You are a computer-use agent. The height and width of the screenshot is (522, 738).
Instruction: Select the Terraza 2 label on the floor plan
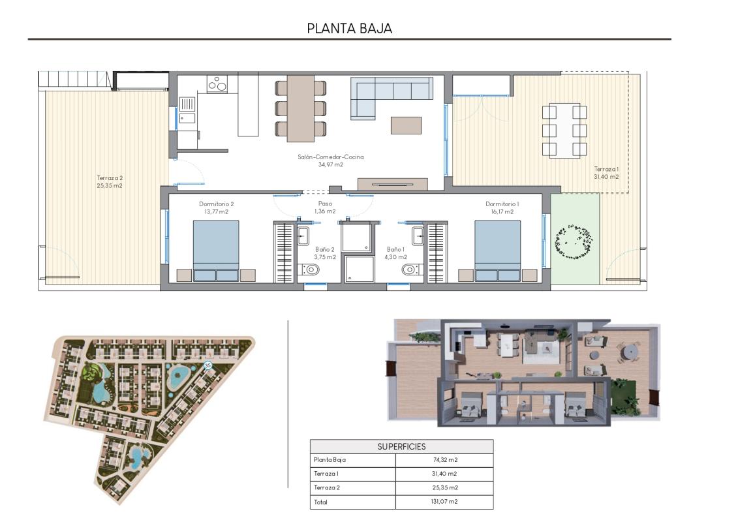(110, 181)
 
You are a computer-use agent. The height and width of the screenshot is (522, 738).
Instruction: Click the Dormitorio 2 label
(216, 207)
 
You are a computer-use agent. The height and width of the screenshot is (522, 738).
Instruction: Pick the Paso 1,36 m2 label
(325, 207)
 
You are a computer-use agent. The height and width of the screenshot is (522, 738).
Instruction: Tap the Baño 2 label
(324, 253)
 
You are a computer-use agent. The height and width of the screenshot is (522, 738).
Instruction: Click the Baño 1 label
(396, 253)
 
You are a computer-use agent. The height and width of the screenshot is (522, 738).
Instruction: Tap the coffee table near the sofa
(406, 125)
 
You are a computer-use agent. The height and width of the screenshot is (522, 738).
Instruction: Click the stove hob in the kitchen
(217, 84)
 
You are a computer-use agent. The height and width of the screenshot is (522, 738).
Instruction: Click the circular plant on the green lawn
(575, 243)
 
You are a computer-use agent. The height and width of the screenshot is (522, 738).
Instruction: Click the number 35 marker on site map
(208, 366)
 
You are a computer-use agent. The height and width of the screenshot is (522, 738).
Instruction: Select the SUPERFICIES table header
(401, 446)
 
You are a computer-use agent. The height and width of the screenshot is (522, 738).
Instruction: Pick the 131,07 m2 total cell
(444, 502)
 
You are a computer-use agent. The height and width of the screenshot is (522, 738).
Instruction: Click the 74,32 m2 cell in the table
(444, 460)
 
